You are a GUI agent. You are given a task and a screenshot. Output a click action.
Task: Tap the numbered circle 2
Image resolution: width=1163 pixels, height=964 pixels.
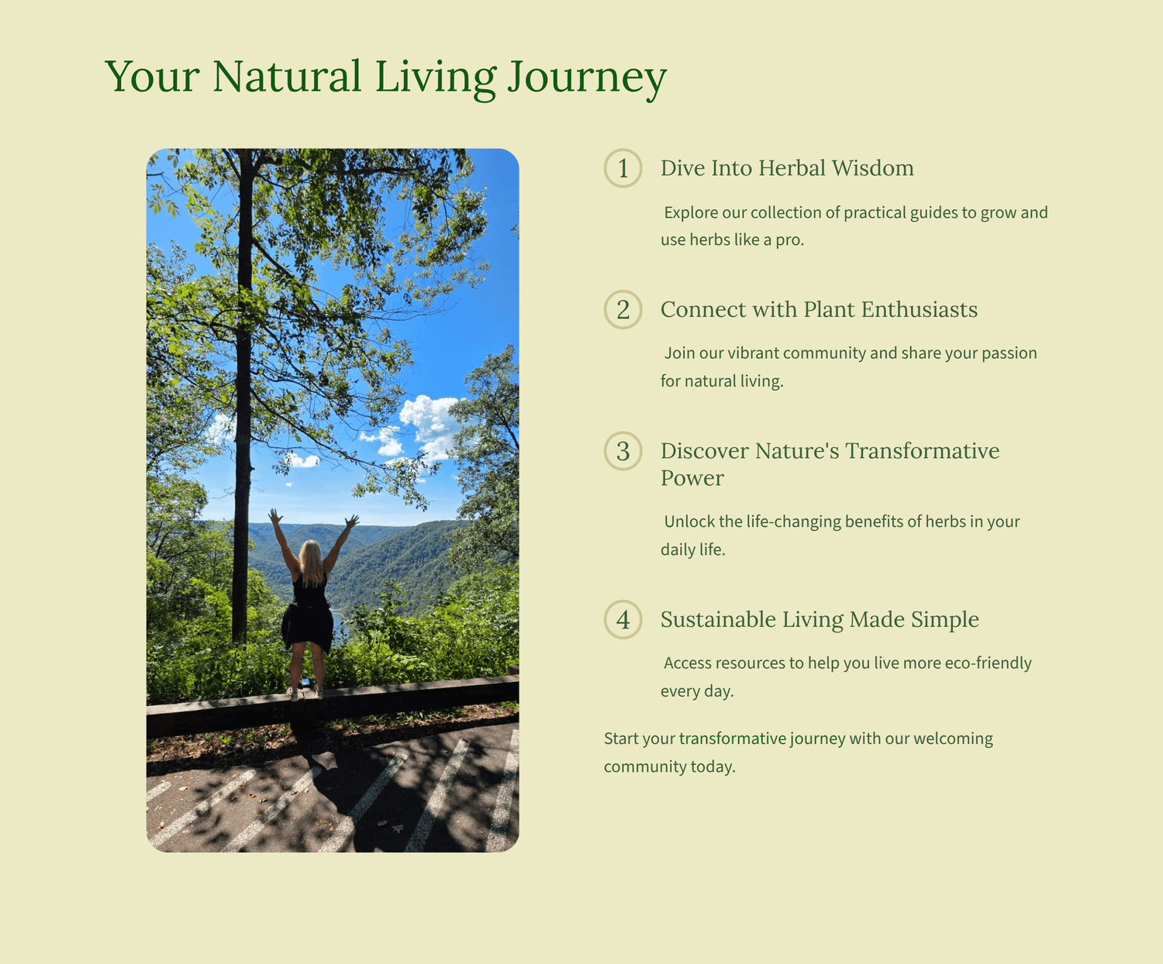tap(623, 309)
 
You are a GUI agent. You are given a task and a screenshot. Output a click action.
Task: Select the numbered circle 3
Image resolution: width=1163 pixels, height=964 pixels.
tap(623, 451)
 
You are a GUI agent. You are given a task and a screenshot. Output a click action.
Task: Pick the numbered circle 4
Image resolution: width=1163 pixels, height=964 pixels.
tap(623, 619)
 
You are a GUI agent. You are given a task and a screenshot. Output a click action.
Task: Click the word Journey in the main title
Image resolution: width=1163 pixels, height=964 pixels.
tap(586, 78)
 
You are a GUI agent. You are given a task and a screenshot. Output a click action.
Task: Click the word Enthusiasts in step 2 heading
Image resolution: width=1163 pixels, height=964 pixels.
tap(919, 309)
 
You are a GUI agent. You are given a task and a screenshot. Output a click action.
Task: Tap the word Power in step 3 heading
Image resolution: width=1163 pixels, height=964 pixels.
tap(692, 478)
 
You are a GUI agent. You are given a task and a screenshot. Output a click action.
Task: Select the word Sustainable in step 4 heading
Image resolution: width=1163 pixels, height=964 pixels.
tap(718, 619)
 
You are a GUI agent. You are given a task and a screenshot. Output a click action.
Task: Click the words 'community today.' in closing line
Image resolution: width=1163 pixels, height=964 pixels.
tap(670, 766)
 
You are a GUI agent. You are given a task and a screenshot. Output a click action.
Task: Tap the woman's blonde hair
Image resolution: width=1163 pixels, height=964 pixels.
tap(312, 561)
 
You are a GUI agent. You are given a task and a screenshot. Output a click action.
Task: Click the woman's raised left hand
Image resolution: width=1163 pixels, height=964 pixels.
tap(276, 516)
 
